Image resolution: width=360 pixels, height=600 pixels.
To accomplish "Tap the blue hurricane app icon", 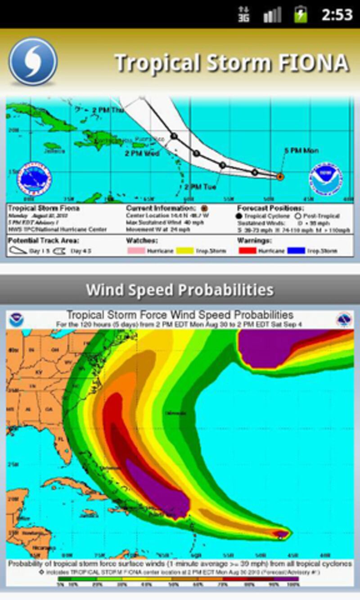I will [x=33, y=61].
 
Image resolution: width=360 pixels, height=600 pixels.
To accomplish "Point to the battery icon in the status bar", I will [x=301, y=14].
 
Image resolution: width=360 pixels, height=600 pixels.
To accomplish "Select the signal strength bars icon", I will [x=272, y=15].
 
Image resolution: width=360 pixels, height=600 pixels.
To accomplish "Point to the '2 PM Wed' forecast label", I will [x=142, y=153].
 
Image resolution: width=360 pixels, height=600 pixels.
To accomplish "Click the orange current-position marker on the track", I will [x=280, y=177].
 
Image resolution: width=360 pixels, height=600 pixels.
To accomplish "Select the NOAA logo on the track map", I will [x=325, y=179].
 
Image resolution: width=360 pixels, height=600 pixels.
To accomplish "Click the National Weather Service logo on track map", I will [x=34, y=179].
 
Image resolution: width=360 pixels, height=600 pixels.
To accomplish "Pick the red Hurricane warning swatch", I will [x=247, y=251].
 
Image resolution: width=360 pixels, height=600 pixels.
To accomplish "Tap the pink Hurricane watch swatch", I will [x=135, y=251].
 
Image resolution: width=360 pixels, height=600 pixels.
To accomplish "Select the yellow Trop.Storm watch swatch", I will [x=184, y=251].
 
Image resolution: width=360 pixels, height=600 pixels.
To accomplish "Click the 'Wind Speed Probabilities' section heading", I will [x=180, y=290].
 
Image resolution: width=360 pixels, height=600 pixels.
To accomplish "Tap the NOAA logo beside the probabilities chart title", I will [x=17, y=320].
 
